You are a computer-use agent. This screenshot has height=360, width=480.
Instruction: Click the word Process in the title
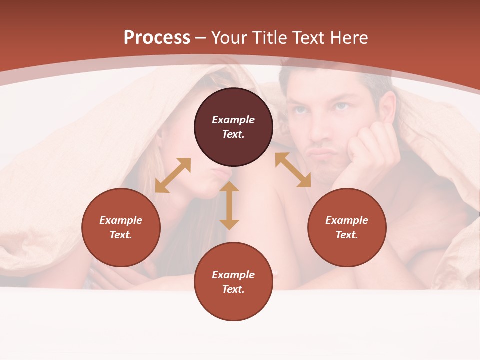(157, 38)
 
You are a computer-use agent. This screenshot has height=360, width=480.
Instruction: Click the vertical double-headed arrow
(229, 205)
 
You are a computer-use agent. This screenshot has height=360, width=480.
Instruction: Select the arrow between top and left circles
(173, 175)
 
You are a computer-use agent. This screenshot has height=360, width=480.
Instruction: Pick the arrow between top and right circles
(293, 170)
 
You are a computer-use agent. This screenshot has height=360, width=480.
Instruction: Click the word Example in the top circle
(233, 120)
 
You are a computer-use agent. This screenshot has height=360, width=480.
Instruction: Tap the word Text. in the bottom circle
(233, 289)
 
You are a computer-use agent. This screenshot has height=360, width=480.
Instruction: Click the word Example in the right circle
(347, 220)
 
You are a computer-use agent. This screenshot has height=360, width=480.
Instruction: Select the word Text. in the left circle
(121, 235)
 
